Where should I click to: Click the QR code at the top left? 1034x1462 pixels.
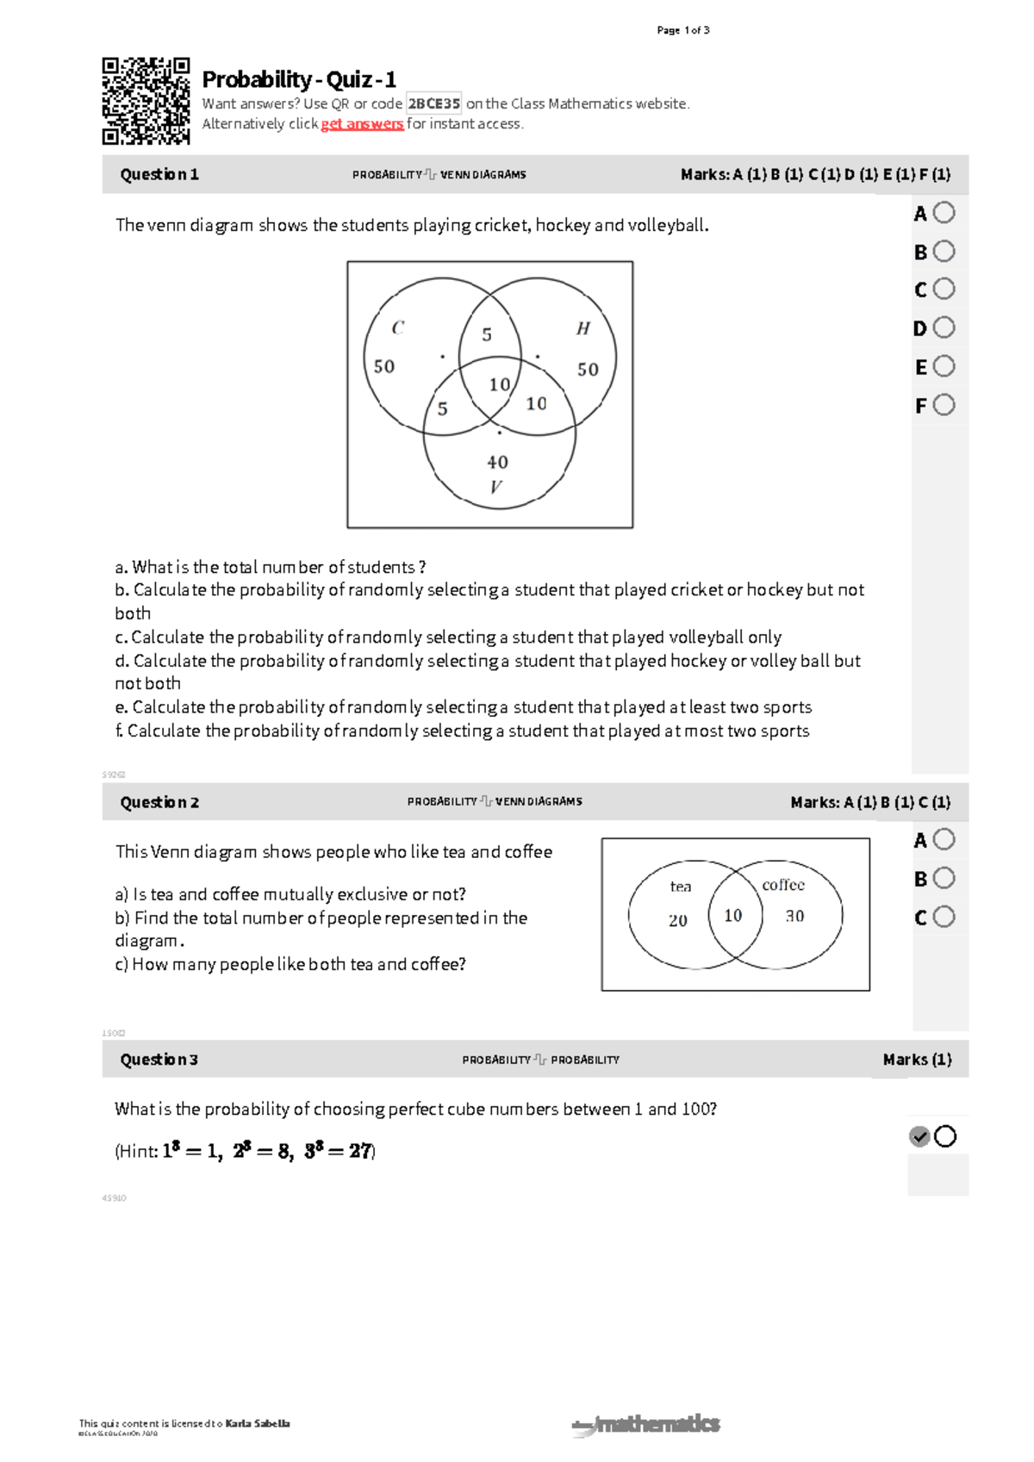tap(146, 101)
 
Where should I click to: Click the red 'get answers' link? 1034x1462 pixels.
tap(362, 124)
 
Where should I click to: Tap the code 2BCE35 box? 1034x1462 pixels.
tap(433, 103)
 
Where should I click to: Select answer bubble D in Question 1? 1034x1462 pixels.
tap(944, 327)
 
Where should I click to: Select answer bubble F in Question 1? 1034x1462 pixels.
tap(944, 405)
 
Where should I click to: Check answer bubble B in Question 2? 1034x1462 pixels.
tap(944, 878)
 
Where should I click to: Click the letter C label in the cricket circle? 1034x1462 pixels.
tap(397, 327)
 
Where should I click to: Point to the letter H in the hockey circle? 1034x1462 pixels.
tap(583, 328)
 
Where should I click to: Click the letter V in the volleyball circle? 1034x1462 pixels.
tap(495, 487)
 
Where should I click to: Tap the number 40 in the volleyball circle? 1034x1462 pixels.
tap(497, 463)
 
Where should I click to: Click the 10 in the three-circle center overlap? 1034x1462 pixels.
tap(500, 384)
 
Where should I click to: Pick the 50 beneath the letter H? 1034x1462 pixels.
tap(588, 370)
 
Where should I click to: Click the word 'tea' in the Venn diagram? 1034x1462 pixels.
tap(680, 887)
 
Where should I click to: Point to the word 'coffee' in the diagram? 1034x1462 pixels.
tap(782, 885)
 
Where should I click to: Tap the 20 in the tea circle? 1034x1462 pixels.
tap(678, 920)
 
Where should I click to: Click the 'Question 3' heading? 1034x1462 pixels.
tap(159, 1060)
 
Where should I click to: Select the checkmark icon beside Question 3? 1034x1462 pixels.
tap(919, 1136)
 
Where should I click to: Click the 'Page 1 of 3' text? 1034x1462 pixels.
tap(682, 30)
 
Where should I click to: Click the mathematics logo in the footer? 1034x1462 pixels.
tap(646, 1424)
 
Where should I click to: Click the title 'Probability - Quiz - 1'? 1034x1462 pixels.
tap(299, 79)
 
